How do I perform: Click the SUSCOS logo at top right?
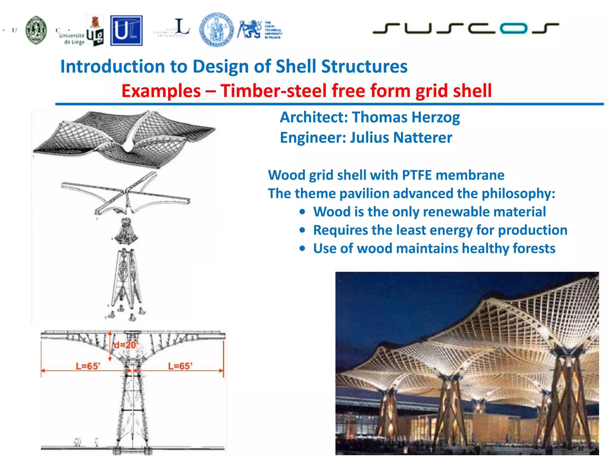[x=465, y=28]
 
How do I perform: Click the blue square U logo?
[x=126, y=31]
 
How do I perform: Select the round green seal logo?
[x=36, y=30]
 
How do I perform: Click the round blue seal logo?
[x=217, y=30]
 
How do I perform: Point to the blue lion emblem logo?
[x=249, y=29]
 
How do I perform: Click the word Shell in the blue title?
[x=296, y=66]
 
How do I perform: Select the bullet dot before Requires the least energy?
[x=303, y=230]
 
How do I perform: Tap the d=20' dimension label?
[x=125, y=345]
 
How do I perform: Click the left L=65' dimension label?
[x=88, y=366]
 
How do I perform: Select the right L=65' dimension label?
[x=180, y=366]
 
